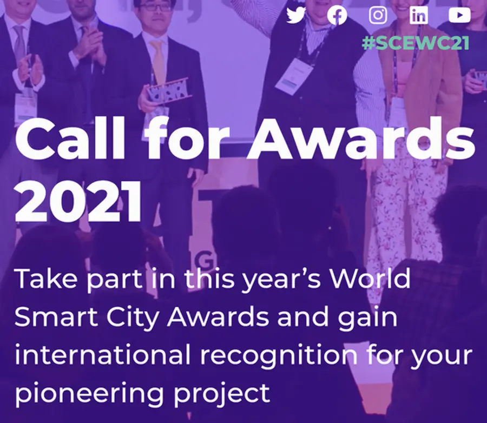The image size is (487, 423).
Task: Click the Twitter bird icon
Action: tap(296, 15)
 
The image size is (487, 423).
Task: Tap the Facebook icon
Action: tap(337, 15)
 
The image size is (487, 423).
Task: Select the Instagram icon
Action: tap(378, 15)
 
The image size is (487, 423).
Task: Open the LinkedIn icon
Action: tap(419, 15)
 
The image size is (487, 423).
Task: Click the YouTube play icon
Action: tap(459, 15)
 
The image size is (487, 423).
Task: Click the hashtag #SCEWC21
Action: tap(416, 43)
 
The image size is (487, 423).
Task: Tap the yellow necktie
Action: tap(158, 60)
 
